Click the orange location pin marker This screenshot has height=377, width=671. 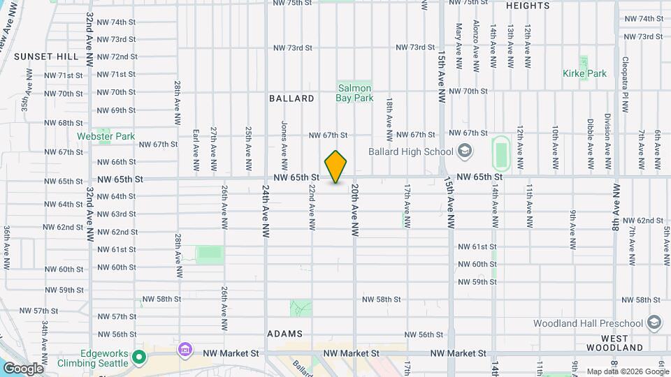(x=336, y=167)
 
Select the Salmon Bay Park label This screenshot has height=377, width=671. (x=354, y=94)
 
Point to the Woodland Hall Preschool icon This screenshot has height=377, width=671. (x=654, y=323)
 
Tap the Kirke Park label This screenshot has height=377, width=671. (x=585, y=73)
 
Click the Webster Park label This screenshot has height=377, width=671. (x=106, y=136)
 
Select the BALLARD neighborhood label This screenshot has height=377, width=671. (x=291, y=98)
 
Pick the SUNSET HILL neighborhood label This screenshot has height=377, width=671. (x=41, y=56)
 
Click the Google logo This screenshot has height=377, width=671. (x=22, y=369)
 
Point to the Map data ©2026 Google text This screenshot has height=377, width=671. (x=627, y=371)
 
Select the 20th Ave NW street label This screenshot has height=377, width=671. (x=355, y=209)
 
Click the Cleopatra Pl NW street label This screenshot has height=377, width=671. (x=626, y=77)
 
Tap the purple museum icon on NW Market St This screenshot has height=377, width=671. (x=185, y=349)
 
